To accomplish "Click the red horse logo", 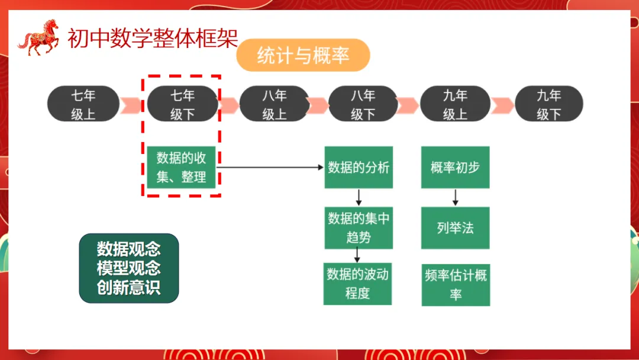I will (x=39, y=37).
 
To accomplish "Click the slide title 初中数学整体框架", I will (x=152, y=39).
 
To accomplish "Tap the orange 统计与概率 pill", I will (x=303, y=56).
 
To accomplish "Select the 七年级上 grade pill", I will (x=83, y=104).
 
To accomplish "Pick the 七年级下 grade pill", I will (x=182, y=104).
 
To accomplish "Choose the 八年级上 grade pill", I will (x=274, y=104).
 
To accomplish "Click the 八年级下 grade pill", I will (x=363, y=104).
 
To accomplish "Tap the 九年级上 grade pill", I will (x=455, y=104).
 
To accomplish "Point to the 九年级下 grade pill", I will (x=548, y=104).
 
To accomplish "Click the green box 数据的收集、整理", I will (x=181, y=168).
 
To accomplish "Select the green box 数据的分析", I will (x=359, y=168).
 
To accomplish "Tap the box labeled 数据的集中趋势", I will (x=359, y=228).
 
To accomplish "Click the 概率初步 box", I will (x=455, y=168).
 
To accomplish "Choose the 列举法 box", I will (x=455, y=228).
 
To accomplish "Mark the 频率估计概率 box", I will (x=456, y=285).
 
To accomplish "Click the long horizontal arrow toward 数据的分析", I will (x=270, y=168).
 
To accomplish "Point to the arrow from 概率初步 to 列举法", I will (x=455, y=197).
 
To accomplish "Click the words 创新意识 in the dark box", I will (x=129, y=288).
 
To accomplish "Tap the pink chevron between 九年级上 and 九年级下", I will (x=502, y=104).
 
